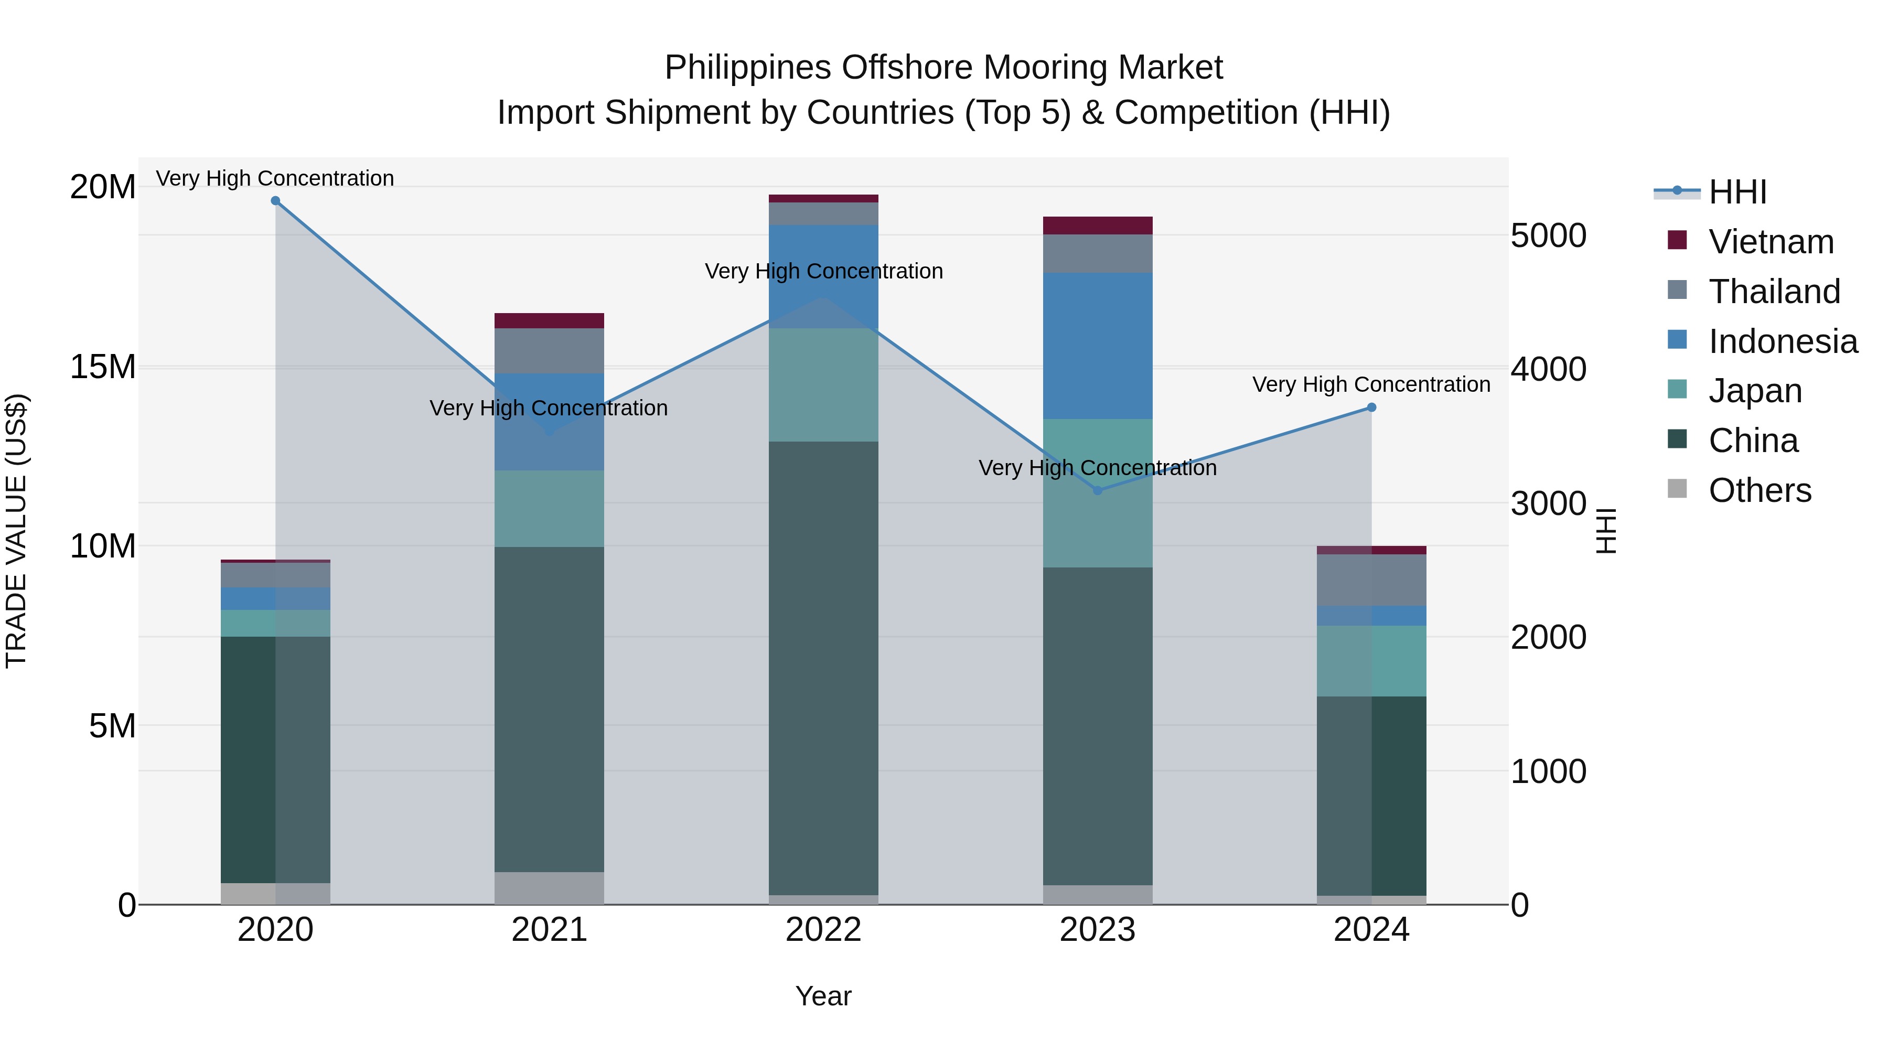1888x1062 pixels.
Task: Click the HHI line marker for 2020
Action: pos(275,201)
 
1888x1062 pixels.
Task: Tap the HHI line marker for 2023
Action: pos(1097,490)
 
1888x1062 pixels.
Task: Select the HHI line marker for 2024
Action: pos(1371,407)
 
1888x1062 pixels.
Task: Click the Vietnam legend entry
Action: pos(1771,242)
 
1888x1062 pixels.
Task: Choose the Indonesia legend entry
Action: pos(1783,341)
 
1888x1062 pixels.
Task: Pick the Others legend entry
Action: pos(1759,490)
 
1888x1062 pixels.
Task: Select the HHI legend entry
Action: pos(1737,192)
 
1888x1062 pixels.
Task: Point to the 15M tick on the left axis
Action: pos(103,367)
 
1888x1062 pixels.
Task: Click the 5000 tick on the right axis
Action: pos(1548,236)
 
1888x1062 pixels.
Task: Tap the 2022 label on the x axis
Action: pos(823,930)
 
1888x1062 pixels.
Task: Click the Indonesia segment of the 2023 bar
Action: pos(1097,346)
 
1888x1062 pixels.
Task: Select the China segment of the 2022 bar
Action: pos(823,667)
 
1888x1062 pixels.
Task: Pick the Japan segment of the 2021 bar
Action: pos(549,509)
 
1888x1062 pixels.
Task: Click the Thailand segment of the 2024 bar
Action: pos(1371,580)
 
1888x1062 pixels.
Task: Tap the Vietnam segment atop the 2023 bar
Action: pos(1097,226)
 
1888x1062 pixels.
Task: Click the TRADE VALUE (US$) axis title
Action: pos(16,531)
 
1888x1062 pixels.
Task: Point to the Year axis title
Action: pos(823,996)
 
